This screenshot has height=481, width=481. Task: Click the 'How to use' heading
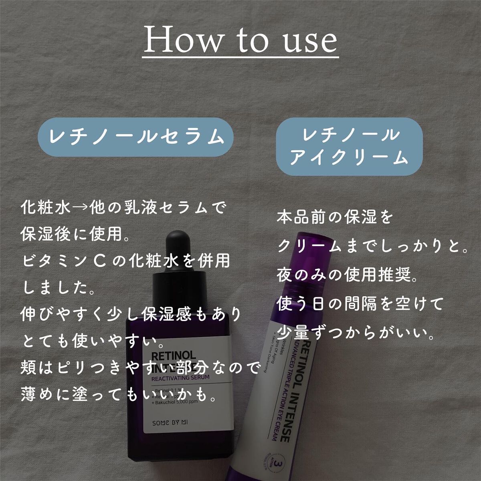240,40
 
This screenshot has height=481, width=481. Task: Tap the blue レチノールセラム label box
136,137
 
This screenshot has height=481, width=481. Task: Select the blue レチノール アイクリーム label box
349,146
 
